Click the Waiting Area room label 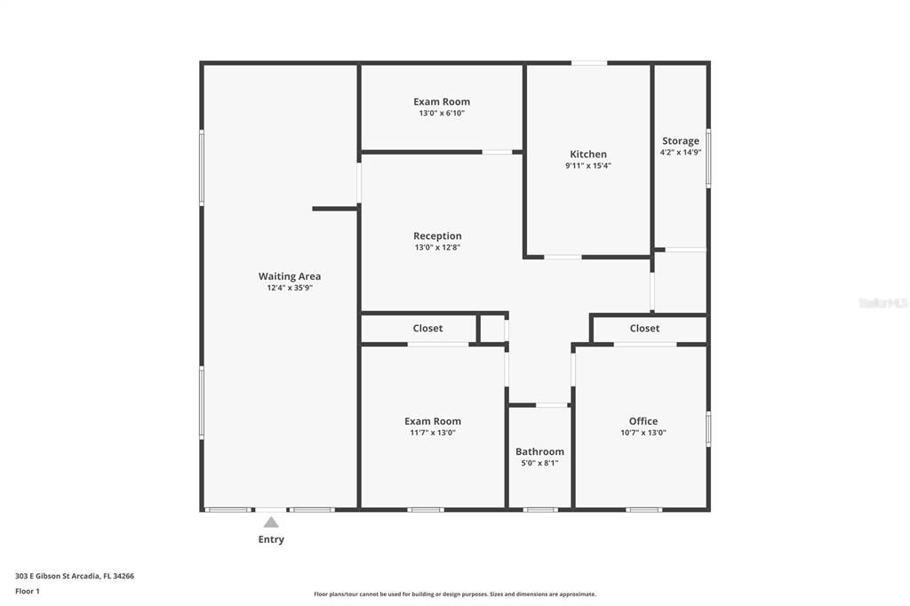(290, 276)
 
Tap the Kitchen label (588, 155)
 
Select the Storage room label (681, 140)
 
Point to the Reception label (437, 235)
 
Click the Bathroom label (539, 451)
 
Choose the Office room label (643, 421)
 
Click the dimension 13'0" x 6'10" (442, 114)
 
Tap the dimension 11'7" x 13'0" (433, 433)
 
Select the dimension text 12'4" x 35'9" (290, 288)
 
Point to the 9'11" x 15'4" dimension (588, 166)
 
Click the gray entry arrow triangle (271, 522)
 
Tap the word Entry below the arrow (271, 539)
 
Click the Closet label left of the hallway (427, 328)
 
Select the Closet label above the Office (644, 328)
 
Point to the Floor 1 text (28, 591)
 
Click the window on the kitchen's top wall (589, 63)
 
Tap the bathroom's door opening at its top (552, 405)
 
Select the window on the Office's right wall (708, 427)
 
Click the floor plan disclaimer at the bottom (454, 594)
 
